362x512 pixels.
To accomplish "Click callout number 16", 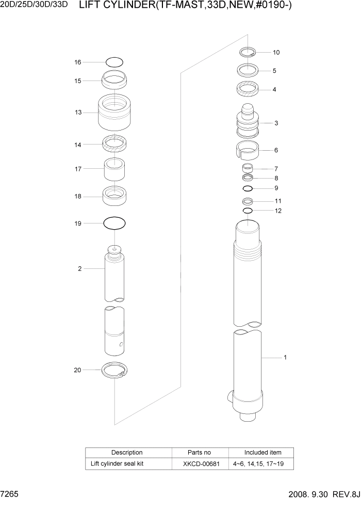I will pyautogui.click(x=78, y=62).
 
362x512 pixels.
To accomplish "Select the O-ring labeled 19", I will pyautogui.click(x=114, y=223).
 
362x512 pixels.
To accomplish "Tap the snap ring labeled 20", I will pyautogui.click(x=115, y=371).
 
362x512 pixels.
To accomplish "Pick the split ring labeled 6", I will pyautogui.click(x=248, y=151).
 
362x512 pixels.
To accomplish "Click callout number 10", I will pyautogui.click(x=276, y=52).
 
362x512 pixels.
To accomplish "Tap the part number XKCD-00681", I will pyautogui.click(x=201, y=463).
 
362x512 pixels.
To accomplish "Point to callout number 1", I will pyautogui.click(x=285, y=357).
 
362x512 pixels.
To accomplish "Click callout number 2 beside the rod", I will pyautogui.click(x=80, y=268).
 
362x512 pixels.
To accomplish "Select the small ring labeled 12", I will pyautogui.click(x=248, y=211).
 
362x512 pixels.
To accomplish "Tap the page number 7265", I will pyautogui.click(x=10, y=494).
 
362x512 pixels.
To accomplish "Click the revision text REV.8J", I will pyautogui.click(x=347, y=494).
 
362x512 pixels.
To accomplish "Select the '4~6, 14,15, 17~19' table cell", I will pyautogui.click(x=262, y=463).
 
